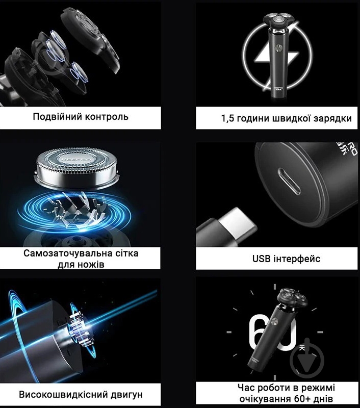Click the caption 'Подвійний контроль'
(81, 117)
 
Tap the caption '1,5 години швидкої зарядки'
(286, 119)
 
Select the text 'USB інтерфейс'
(286, 259)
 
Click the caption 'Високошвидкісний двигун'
(81, 395)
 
